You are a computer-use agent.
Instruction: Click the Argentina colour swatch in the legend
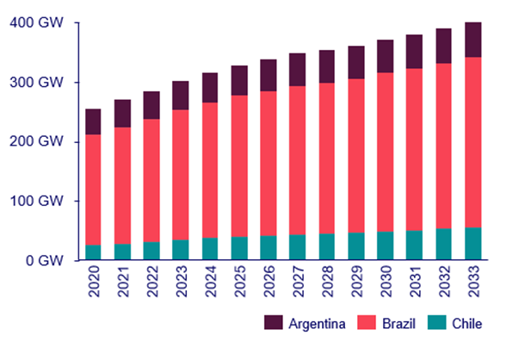[275, 323]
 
